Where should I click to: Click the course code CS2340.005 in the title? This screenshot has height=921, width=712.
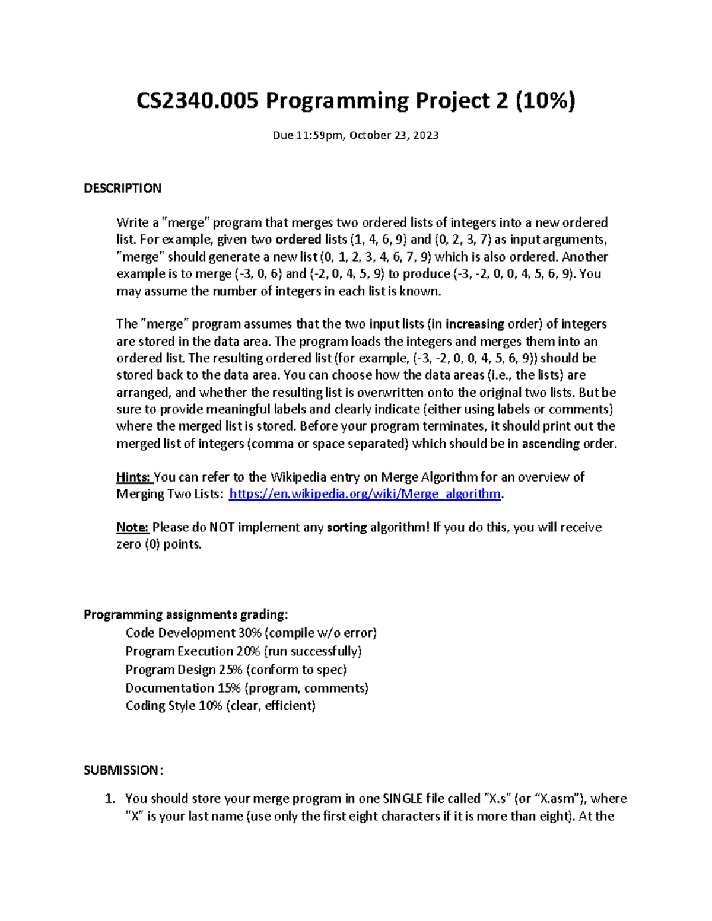coord(198,101)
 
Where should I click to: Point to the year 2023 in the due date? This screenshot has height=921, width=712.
coord(426,135)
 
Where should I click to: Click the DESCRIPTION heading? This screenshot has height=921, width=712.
coord(122,189)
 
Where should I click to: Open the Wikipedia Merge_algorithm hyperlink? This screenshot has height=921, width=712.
coord(365,494)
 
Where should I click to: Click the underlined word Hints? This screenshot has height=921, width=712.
coord(134,477)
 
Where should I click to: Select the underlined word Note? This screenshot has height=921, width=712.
coord(132,527)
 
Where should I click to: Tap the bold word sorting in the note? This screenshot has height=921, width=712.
coord(347,527)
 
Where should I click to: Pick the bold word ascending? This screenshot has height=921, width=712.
coord(550,444)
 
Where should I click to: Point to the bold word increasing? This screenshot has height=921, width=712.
coord(475,324)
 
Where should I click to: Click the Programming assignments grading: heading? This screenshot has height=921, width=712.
coord(186,614)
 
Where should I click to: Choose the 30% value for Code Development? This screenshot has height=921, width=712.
coord(249,633)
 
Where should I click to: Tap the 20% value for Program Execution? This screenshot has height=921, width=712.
coord(248,651)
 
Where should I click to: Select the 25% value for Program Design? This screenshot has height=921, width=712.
coord(230,670)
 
